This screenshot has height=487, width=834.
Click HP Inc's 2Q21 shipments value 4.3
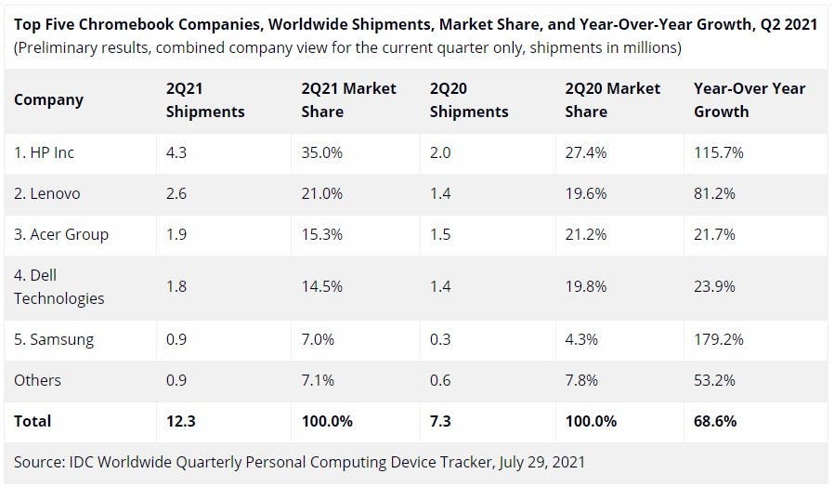point(176,152)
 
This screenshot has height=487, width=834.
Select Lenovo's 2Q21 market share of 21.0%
point(322,193)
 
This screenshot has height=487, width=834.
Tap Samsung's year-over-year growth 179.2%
point(719,339)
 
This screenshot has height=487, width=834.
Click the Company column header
point(48,99)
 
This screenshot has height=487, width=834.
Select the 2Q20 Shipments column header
point(469,99)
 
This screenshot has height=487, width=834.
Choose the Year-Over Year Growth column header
point(749,99)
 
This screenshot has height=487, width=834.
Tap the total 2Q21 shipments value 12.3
point(181,421)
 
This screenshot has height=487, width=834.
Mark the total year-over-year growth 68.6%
point(715,421)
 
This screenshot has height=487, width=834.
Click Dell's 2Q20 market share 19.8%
point(586,286)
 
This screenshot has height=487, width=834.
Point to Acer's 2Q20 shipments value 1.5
point(440,234)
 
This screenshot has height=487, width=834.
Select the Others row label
point(37,380)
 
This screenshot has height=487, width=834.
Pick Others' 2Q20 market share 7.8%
point(582,380)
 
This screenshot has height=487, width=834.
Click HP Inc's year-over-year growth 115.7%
point(719,152)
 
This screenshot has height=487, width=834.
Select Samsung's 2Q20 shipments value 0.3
point(440,339)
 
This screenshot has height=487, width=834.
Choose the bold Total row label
point(33,421)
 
